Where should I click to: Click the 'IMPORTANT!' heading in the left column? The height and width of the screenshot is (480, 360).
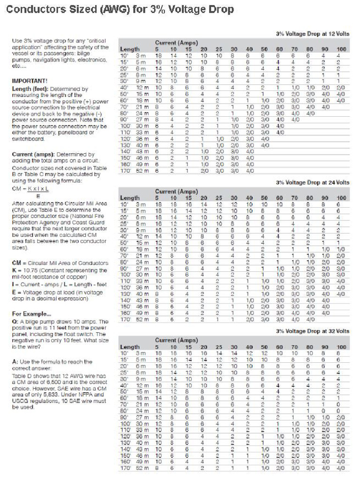pyautogui.click(x=30, y=81)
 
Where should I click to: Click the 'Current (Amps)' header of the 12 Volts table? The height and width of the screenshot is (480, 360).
pyautogui.click(x=172, y=43)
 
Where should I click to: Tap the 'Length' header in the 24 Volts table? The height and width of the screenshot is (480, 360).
pyautogui.click(x=130, y=198)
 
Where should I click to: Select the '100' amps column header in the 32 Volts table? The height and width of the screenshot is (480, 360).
pyautogui.click(x=341, y=347)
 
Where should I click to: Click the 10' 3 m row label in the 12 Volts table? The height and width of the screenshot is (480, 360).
pyautogui.click(x=133, y=55)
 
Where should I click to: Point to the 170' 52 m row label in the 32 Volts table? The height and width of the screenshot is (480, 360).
pyautogui.click(x=133, y=468)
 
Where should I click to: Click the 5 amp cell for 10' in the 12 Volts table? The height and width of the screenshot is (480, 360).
pyautogui.click(x=159, y=55)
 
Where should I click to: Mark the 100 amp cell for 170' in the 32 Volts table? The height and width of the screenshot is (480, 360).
pyautogui.click(x=341, y=468)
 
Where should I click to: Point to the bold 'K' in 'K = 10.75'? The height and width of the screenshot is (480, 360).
pyautogui.click(x=14, y=270)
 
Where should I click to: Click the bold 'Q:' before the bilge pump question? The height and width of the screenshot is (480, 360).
pyautogui.click(x=14, y=322)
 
